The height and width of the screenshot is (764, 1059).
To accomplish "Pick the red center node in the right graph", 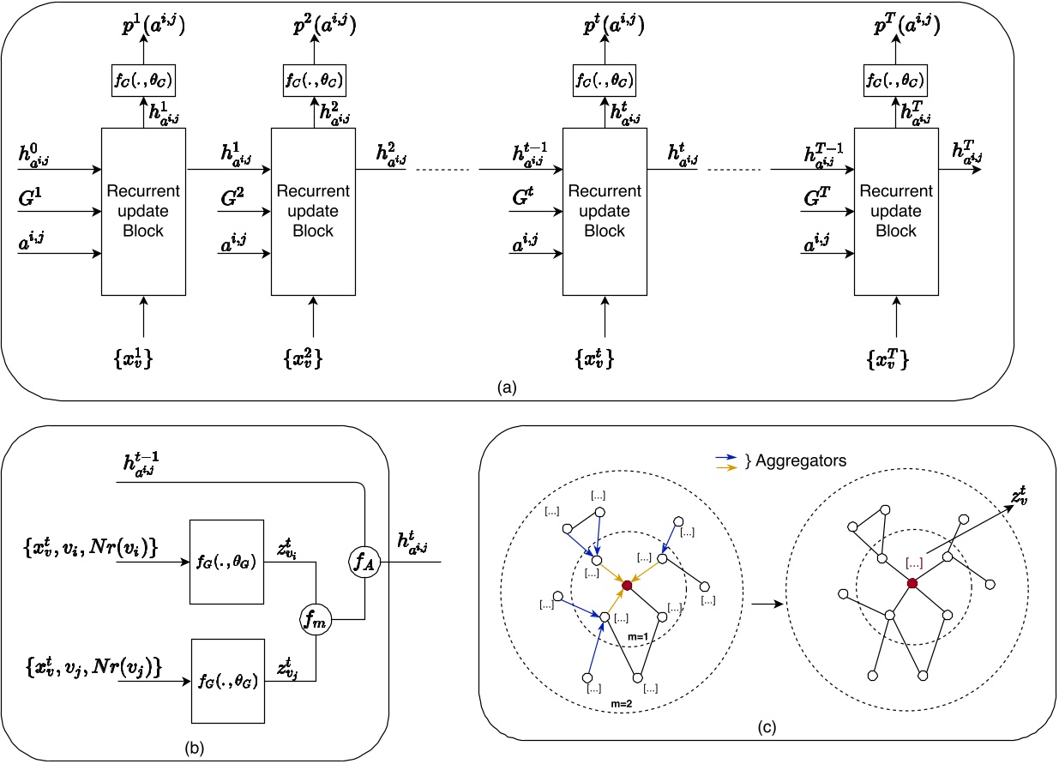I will tap(912, 584).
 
